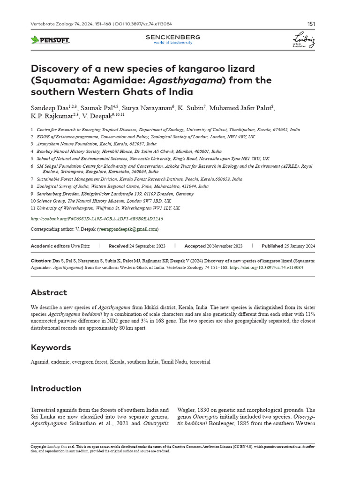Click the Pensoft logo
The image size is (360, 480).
50,40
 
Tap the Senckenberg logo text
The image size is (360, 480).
173,37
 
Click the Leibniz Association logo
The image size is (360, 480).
303,40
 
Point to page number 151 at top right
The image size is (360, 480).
311,24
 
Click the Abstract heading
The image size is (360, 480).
49,292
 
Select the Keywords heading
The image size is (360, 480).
51,347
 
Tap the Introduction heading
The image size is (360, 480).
56,388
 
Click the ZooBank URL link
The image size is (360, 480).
97,218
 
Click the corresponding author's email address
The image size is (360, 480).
127,229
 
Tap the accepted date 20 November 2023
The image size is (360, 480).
225,246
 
